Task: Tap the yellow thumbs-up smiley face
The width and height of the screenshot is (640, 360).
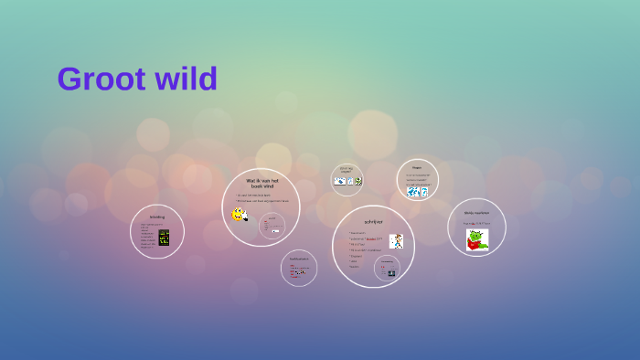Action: coord(239,215)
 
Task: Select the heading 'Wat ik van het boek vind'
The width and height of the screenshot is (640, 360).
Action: coord(261,184)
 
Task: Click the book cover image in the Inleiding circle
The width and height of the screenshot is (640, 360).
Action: coord(164,238)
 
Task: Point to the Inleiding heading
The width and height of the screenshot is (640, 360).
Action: coord(157,217)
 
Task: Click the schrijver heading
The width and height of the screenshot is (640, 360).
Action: coord(373,221)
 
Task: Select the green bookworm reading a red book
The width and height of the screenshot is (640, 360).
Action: coord(476,239)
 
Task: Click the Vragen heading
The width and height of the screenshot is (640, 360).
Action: coord(417,167)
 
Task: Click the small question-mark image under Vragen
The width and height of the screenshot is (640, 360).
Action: coord(424,192)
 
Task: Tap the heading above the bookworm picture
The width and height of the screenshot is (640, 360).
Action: coord(476,213)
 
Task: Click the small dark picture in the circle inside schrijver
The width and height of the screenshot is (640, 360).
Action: coord(391,273)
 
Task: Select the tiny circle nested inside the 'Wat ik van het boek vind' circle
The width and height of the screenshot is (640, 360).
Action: coord(271,224)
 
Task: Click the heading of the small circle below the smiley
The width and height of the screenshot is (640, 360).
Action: coord(299,259)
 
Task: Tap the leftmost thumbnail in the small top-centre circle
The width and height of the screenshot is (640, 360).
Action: coord(340,181)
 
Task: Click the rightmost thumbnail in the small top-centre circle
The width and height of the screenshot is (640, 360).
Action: coord(357,181)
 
